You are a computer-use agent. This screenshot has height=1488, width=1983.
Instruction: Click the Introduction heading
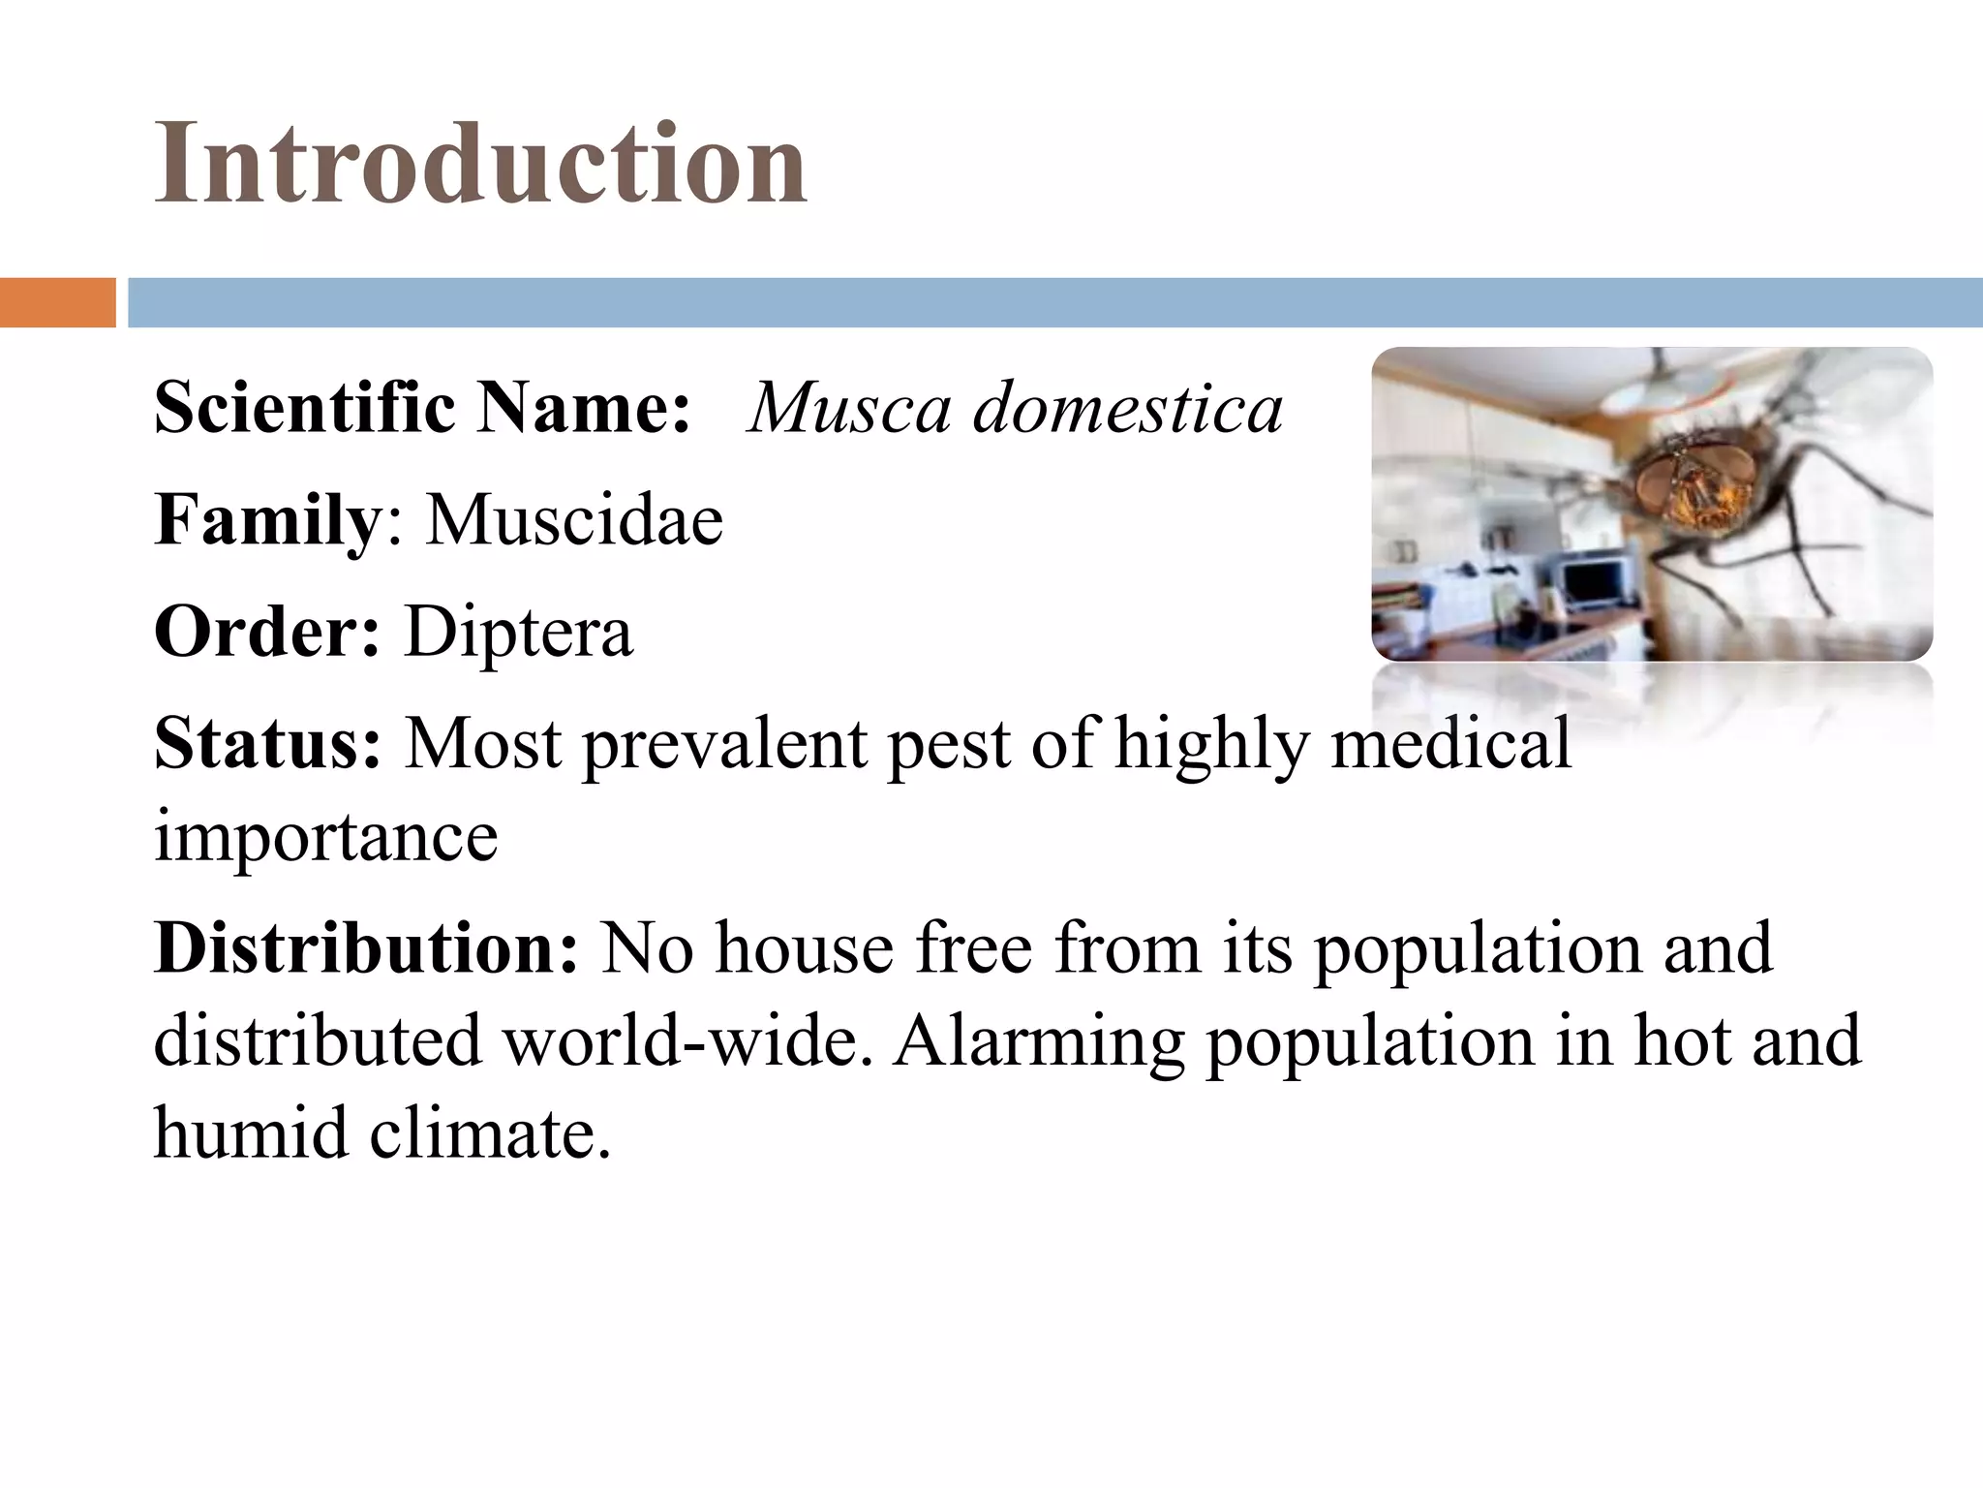480,163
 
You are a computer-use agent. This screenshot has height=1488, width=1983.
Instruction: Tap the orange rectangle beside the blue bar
57,302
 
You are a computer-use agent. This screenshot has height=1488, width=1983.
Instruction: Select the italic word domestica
1127,408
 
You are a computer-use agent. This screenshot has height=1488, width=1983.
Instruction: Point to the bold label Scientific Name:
422,408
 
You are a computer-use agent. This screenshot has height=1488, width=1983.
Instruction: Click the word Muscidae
574,520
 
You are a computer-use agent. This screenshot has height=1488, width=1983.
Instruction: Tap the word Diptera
518,632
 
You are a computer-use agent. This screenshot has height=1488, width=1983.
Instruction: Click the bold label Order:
267,632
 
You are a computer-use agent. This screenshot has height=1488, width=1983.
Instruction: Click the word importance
325,836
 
